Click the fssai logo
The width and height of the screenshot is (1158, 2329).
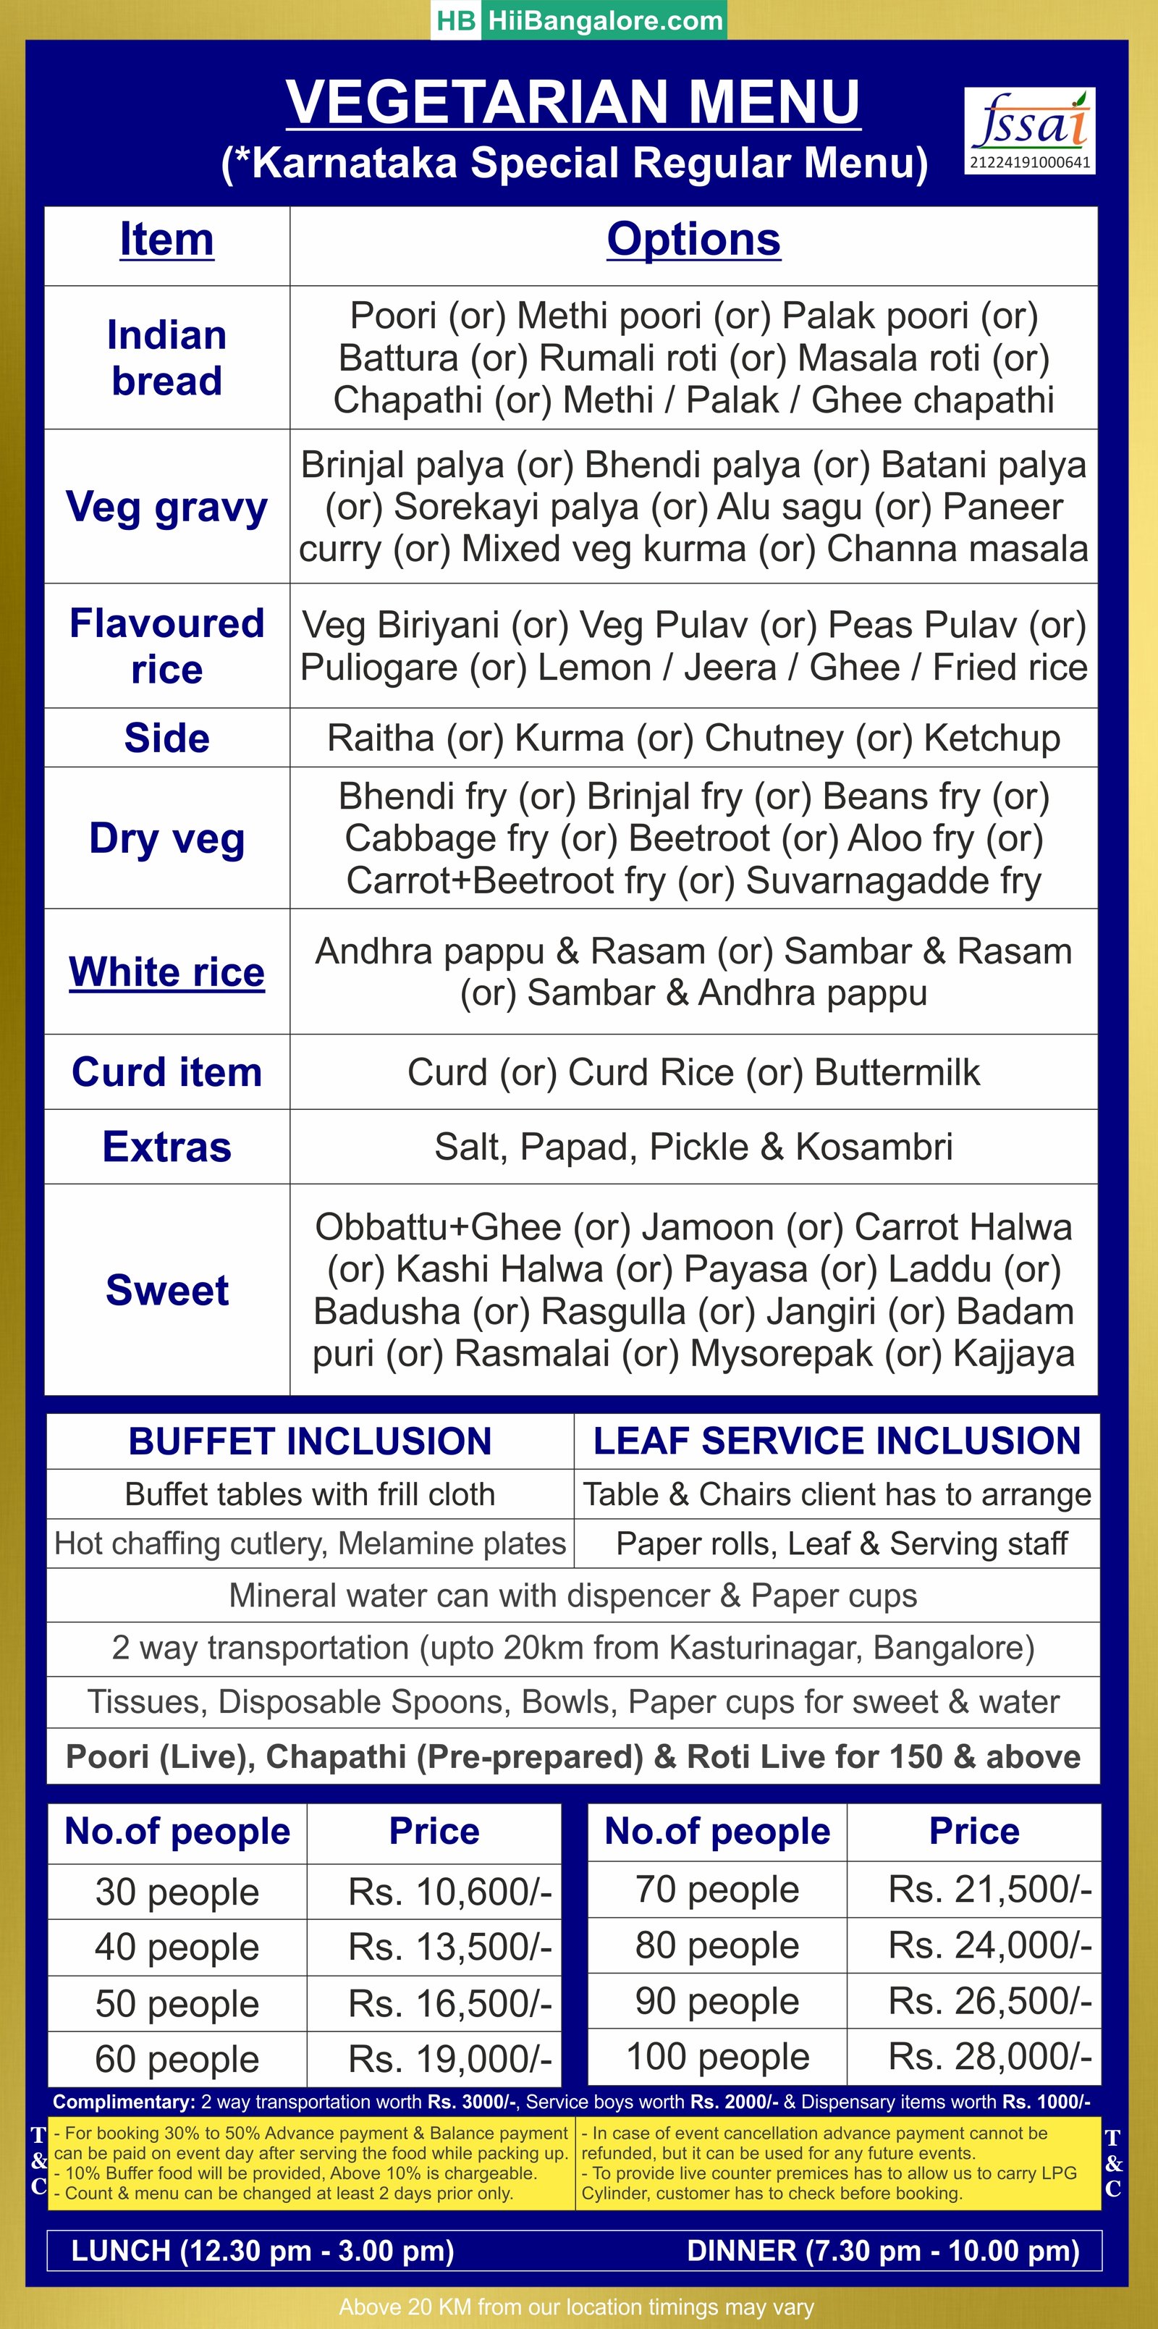point(1030,130)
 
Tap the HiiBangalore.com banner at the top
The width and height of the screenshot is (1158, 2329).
point(578,20)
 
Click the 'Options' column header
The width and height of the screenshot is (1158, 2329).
point(693,240)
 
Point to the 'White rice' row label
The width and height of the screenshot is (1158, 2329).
point(167,972)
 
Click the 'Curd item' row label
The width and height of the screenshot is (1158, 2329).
point(167,1072)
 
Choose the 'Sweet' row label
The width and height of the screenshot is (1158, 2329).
point(167,1289)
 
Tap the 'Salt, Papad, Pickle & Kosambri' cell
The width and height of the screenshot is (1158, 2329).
point(693,1147)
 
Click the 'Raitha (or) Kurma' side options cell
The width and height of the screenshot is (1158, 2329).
point(693,738)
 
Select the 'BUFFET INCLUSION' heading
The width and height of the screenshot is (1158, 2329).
point(310,1441)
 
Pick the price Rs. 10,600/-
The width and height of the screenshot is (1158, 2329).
point(450,1892)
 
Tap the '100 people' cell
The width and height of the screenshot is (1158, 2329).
point(718,2057)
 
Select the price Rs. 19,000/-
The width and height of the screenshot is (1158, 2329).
point(450,2059)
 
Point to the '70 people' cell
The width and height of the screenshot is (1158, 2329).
point(718,1890)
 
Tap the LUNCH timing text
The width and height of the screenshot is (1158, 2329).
point(262,2250)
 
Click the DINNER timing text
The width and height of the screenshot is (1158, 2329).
point(883,2250)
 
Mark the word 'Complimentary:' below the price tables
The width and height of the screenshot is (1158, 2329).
point(124,2102)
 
